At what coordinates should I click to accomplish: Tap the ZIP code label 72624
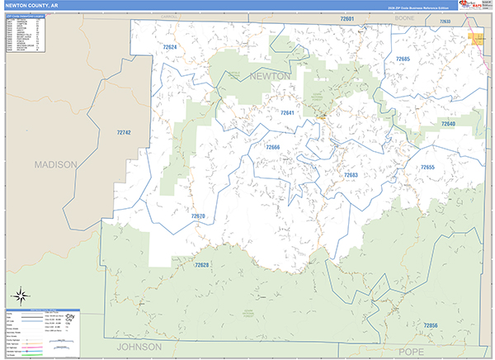[x=168, y=47]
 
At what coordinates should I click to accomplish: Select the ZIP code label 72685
[x=402, y=59]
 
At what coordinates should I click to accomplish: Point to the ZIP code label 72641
[x=286, y=113]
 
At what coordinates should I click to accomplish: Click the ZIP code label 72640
[x=447, y=124]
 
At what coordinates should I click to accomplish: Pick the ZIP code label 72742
[x=124, y=132]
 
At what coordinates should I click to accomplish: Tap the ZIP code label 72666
[x=272, y=147]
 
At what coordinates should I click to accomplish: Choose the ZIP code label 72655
[x=427, y=168]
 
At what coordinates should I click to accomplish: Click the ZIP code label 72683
[x=351, y=175]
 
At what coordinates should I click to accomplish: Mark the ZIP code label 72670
[x=198, y=216]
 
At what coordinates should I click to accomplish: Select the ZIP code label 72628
[x=202, y=265]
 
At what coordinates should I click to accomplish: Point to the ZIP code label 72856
[x=430, y=326]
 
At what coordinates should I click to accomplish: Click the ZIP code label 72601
[x=346, y=18]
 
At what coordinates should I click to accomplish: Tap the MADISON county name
[x=54, y=164]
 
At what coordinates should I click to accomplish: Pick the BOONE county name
[x=404, y=17]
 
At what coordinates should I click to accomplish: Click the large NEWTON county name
[x=270, y=76]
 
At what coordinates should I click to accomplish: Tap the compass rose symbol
[x=20, y=295]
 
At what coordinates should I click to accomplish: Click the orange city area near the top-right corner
[x=476, y=38]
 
